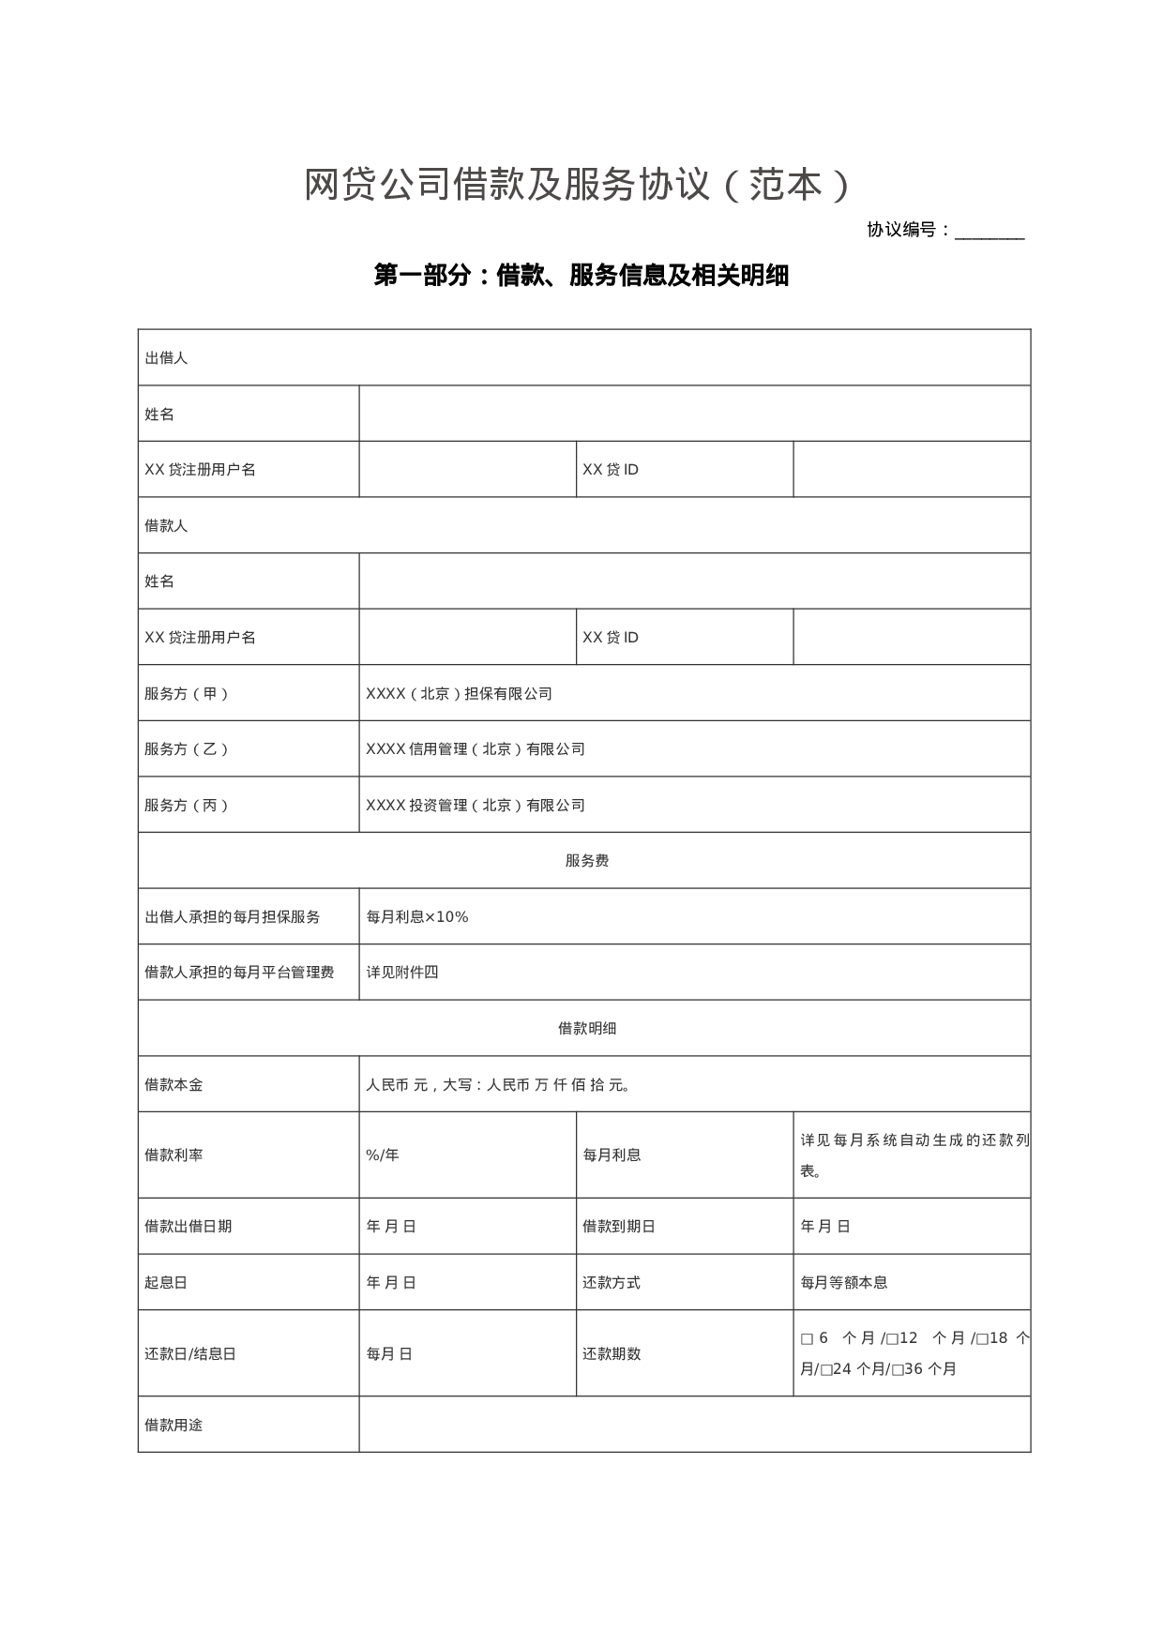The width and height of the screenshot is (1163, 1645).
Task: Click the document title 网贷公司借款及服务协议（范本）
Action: click(578, 186)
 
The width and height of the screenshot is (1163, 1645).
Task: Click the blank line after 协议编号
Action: click(989, 232)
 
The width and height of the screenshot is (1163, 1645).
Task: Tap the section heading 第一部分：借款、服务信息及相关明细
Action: click(581, 276)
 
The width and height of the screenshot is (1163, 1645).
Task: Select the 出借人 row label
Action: click(166, 358)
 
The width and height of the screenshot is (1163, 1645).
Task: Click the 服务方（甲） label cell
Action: click(187, 694)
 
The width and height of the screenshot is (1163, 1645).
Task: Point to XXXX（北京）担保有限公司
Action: click(459, 694)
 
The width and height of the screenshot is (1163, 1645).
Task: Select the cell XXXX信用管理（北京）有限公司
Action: click(476, 749)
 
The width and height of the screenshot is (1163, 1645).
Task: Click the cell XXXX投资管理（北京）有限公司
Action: click(476, 806)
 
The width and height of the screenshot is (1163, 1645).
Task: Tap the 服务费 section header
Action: click(586, 861)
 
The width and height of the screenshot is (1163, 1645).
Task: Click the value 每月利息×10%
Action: click(416, 917)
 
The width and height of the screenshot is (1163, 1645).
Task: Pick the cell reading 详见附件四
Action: click(402, 973)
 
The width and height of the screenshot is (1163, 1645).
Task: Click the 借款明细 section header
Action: click(586, 1029)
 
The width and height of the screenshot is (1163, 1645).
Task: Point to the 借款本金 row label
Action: click(174, 1085)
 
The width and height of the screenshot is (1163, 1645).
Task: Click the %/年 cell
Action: click(383, 1155)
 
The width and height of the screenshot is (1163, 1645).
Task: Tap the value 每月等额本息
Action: click(844, 1283)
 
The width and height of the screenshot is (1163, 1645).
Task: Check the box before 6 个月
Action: click(807, 1339)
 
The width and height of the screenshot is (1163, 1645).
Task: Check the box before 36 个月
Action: click(898, 1370)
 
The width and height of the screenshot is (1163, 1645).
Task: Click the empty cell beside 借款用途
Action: click(694, 1425)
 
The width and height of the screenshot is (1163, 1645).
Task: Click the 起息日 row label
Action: click(166, 1283)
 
